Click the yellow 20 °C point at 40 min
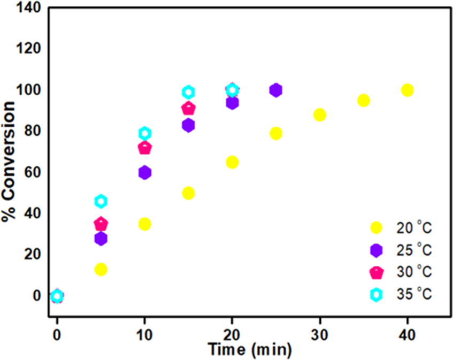(x=407, y=90)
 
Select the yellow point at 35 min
(x=364, y=100)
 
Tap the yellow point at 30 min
(x=320, y=114)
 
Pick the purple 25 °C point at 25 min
(x=275, y=90)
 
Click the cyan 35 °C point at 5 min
(x=101, y=201)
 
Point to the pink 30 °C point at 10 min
(x=144, y=148)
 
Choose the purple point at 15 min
(x=188, y=125)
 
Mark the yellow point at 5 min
(x=101, y=269)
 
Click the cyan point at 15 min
(x=188, y=92)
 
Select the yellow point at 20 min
(x=232, y=162)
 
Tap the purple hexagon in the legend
(x=377, y=250)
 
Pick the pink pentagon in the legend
(x=377, y=273)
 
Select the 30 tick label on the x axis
(x=320, y=335)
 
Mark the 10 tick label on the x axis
(x=144, y=335)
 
